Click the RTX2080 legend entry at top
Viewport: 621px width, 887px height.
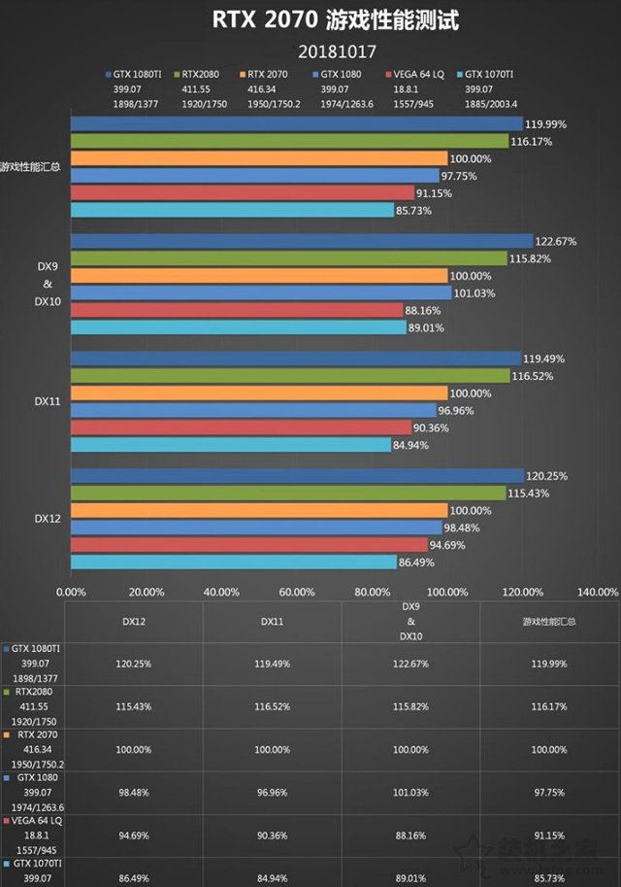(198, 73)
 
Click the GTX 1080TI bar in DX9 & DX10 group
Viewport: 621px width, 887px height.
(301, 241)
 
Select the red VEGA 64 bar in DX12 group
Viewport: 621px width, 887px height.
(248, 544)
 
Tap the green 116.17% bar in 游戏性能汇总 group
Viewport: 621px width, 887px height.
(289, 141)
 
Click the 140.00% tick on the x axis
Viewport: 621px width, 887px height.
(598, 591)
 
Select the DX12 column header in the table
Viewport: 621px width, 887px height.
(134, 620)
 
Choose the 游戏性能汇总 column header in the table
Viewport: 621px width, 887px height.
(549, 620)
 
